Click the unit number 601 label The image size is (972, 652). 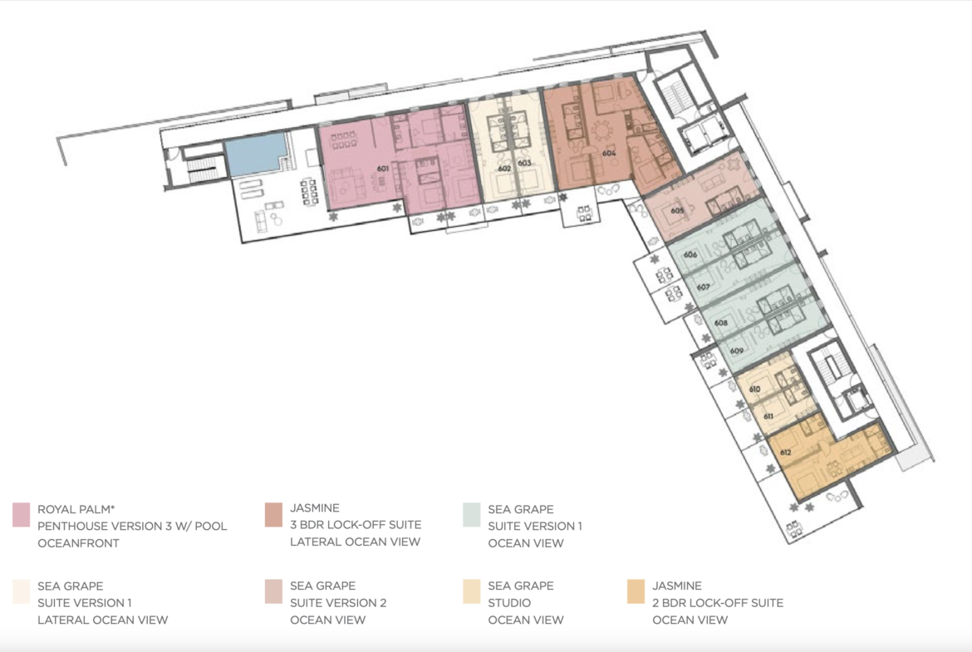[382, 169]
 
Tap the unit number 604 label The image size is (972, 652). [609, 153]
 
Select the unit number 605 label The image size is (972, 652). [677, 211]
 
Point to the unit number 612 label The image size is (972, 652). [785, 453]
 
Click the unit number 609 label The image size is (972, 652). [736, 351]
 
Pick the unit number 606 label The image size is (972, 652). [690, 255]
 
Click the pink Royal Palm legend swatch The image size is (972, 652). [21, 515]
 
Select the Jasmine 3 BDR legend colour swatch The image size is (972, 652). [273, 515]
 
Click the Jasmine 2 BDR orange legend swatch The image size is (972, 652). [636, 592]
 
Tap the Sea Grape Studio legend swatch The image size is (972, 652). [472, 592]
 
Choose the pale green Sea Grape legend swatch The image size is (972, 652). [472, 515]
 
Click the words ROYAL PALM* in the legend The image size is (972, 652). [76, 509]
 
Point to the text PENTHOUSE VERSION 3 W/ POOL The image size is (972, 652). [132, 527]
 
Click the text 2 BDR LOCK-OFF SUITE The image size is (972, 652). [718, 602]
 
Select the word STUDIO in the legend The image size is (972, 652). [509, 602]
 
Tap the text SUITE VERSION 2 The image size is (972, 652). [338, 602]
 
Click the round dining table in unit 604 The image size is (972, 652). [601, 131]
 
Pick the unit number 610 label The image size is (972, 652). [754, 390]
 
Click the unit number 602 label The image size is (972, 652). [504, 169]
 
